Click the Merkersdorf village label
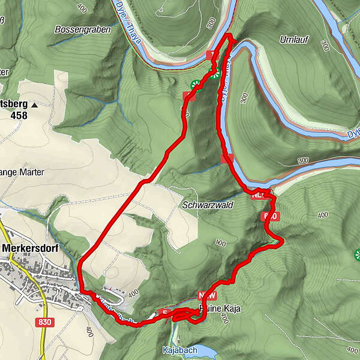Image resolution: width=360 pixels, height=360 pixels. [34, 247]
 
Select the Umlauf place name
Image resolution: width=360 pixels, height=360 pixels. [295, 40]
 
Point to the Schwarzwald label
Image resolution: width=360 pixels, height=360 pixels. [207, 205]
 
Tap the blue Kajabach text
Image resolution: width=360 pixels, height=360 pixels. [178, 349]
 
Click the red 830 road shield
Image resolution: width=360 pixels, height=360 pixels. [45, 322]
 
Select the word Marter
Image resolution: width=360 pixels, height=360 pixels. [31, 172]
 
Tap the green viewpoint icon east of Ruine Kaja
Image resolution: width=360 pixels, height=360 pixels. [358, 256]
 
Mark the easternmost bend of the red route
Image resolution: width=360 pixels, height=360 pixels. [281, 241]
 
